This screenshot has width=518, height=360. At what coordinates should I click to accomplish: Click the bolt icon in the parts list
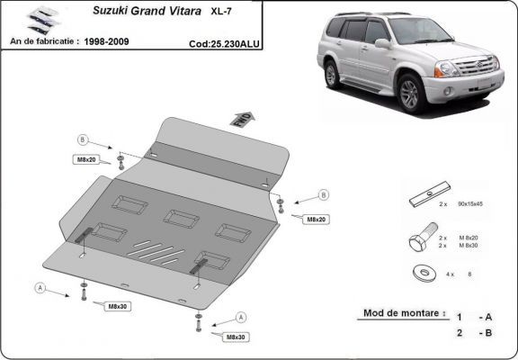(419, 240)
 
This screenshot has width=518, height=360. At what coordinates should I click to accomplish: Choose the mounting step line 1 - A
(474, 317)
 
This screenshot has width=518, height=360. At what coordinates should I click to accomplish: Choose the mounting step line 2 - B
(474, 333)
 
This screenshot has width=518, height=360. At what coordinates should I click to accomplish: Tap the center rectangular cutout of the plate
(181, 219)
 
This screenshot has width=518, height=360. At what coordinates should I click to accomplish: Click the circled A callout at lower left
(40, 287)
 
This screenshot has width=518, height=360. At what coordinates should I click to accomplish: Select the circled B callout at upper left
(82, 139)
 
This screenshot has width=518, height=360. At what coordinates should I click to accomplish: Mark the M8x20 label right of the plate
(315, 219)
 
